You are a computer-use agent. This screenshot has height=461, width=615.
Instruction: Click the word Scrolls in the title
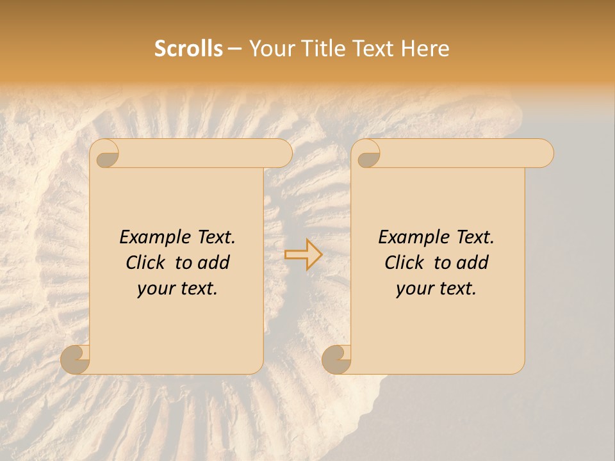(188, 49)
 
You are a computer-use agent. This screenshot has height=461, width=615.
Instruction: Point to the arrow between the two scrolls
(303, 255)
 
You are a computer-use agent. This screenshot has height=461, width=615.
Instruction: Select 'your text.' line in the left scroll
(177, 288)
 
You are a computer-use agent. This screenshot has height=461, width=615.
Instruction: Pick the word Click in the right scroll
(407, 263)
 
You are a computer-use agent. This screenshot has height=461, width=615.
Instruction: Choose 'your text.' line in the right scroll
(436, 288)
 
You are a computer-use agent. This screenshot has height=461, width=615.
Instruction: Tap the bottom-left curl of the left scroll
(76, 359)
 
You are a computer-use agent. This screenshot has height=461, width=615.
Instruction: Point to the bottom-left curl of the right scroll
(337, 359)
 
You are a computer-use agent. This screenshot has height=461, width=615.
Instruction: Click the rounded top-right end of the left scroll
(282, 154)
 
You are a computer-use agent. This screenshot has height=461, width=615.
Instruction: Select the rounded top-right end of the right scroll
(543, 154)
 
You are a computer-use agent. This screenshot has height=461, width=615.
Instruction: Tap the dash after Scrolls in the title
(235, 49)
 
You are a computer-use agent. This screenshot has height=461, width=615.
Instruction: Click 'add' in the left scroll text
(215, 263)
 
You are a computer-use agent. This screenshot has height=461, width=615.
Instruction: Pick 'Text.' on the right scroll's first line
(475, 238)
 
